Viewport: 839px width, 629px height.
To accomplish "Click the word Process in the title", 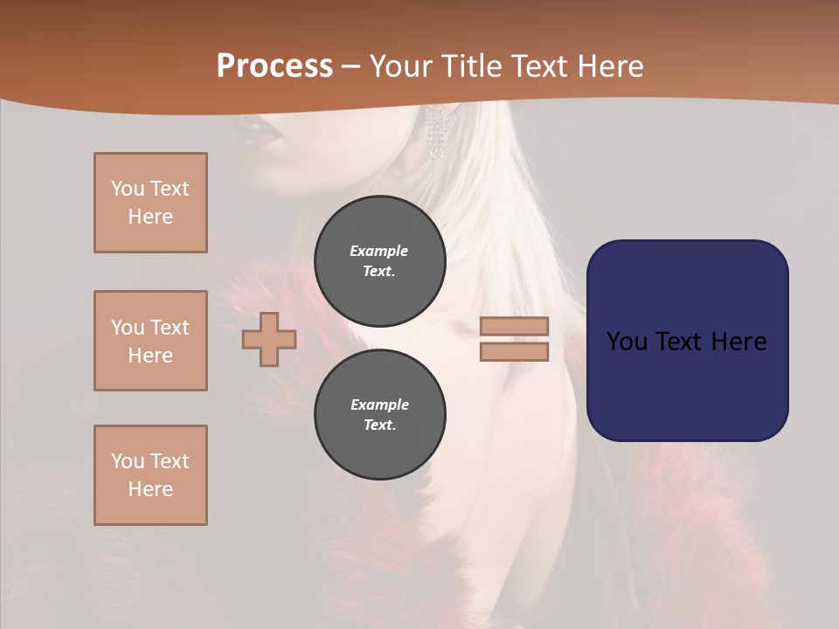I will point(274,66).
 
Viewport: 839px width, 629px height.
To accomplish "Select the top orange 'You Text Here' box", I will point(150,203).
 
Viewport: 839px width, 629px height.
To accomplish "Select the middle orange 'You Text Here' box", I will point(150,341).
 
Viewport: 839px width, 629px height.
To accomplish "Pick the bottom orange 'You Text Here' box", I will point(150,475).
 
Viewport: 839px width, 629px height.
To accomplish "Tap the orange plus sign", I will point(269,339).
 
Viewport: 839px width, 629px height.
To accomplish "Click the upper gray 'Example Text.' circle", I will point(379,260).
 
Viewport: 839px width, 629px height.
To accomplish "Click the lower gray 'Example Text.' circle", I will point(379,414).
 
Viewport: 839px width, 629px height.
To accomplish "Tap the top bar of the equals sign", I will point(514,326).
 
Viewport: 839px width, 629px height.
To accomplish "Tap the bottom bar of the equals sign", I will point(514,351).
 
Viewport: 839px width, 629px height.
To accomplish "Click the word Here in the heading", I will point(609,66).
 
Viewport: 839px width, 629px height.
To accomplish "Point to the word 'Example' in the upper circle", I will point(378,251).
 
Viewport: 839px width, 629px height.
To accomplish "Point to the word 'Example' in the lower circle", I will point(379,404).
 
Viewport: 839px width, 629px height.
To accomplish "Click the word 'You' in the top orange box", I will point(127,189).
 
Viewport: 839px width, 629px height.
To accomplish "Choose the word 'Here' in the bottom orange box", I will point(150,489).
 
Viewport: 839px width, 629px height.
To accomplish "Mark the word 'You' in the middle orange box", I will point(127,328).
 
